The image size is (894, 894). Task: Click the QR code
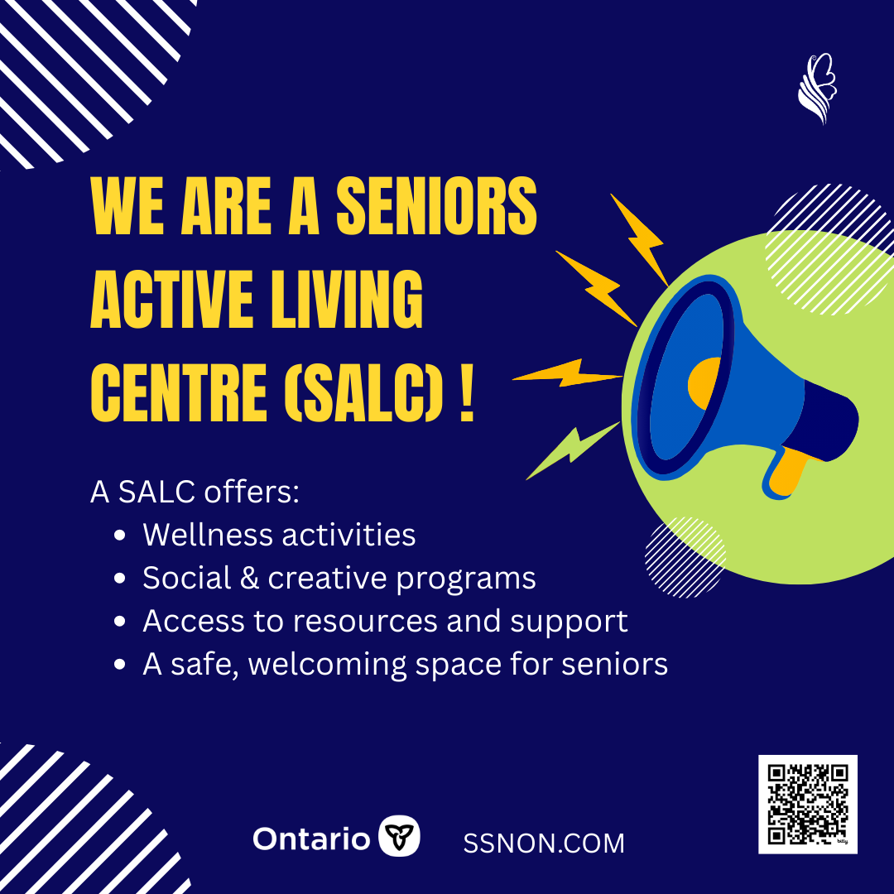808,804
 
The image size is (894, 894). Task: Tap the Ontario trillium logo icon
399,837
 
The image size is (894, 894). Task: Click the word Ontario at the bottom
311,839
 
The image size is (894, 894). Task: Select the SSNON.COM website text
544,844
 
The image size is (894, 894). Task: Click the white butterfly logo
816,89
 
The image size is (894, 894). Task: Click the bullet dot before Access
121,622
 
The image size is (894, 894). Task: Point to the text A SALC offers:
195,492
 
